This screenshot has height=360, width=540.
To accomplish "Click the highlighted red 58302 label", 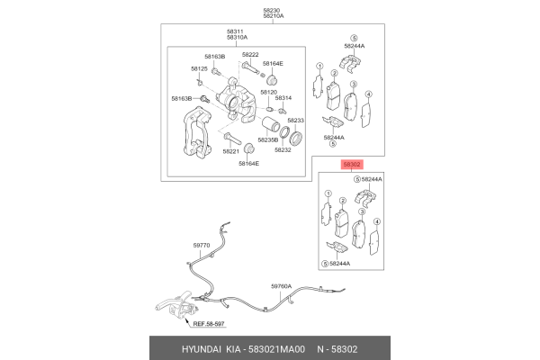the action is [352, 165].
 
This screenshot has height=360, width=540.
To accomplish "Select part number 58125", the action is [199, 69].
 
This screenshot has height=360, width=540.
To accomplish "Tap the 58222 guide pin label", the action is [250, 55].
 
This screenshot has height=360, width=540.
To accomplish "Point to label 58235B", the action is [268, 140].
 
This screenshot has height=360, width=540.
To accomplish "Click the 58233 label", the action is [296, 121].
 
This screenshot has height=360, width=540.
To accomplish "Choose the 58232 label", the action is [283, 150].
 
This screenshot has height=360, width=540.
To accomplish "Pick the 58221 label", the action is [230, 151].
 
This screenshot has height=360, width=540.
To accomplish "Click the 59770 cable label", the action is [202, 246].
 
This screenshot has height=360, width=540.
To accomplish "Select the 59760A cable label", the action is [281, 286].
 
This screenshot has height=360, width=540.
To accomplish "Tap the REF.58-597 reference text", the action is [209, 324].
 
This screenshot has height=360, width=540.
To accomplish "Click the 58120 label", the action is [268, 93].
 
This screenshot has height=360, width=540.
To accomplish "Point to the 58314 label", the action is [283, 98].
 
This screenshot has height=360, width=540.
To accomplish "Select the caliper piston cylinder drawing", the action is [271, 125].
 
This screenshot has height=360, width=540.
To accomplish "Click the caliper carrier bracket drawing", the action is [197, 133].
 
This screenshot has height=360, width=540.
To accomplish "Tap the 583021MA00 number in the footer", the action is [277, 349].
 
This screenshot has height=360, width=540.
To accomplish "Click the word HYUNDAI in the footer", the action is [202, 349].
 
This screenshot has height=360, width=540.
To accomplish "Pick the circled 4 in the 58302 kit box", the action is [377, 222].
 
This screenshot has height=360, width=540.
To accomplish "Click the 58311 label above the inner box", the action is [235, 31].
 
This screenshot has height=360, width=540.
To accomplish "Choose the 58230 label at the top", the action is [272, 10].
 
